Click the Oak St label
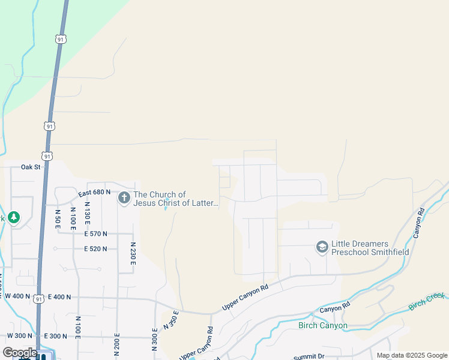[x=30, y=167]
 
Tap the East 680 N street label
[x=95, y=192]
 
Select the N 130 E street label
[x=88, y=212]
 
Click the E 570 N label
[x=95, y=233]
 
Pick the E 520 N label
[x=95, y=248]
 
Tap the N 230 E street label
[x=133, y=256]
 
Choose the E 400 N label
[x=59, y=296]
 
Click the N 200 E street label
[x=118, y=344]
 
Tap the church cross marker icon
[x=124, y=197]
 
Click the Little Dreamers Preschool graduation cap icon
[x=322, y=247]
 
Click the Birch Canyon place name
[x=322, y=326]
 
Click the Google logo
[x=20, y=353]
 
